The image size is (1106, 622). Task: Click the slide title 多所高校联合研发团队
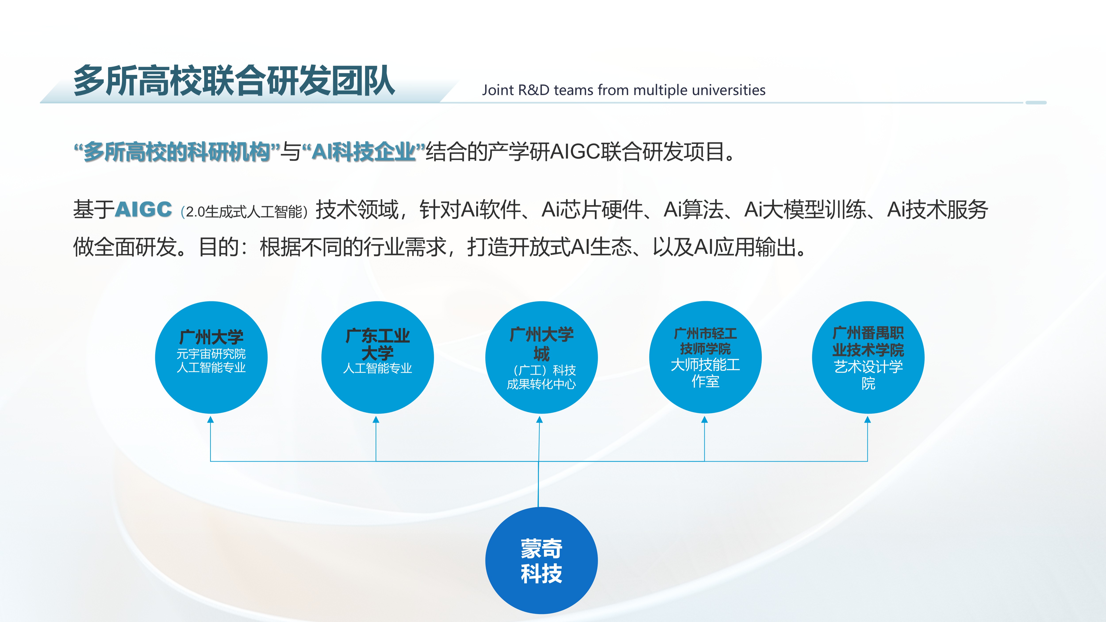234,81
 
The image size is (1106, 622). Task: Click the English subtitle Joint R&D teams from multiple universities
623,90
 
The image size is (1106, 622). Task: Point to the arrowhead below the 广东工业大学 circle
376,419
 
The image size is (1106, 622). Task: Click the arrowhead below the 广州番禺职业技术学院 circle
868,419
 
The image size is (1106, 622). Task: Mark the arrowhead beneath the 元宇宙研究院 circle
210,419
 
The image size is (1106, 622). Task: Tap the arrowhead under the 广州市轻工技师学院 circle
705,419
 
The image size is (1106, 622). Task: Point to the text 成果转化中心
541,384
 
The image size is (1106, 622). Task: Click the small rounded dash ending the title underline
1036,103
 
